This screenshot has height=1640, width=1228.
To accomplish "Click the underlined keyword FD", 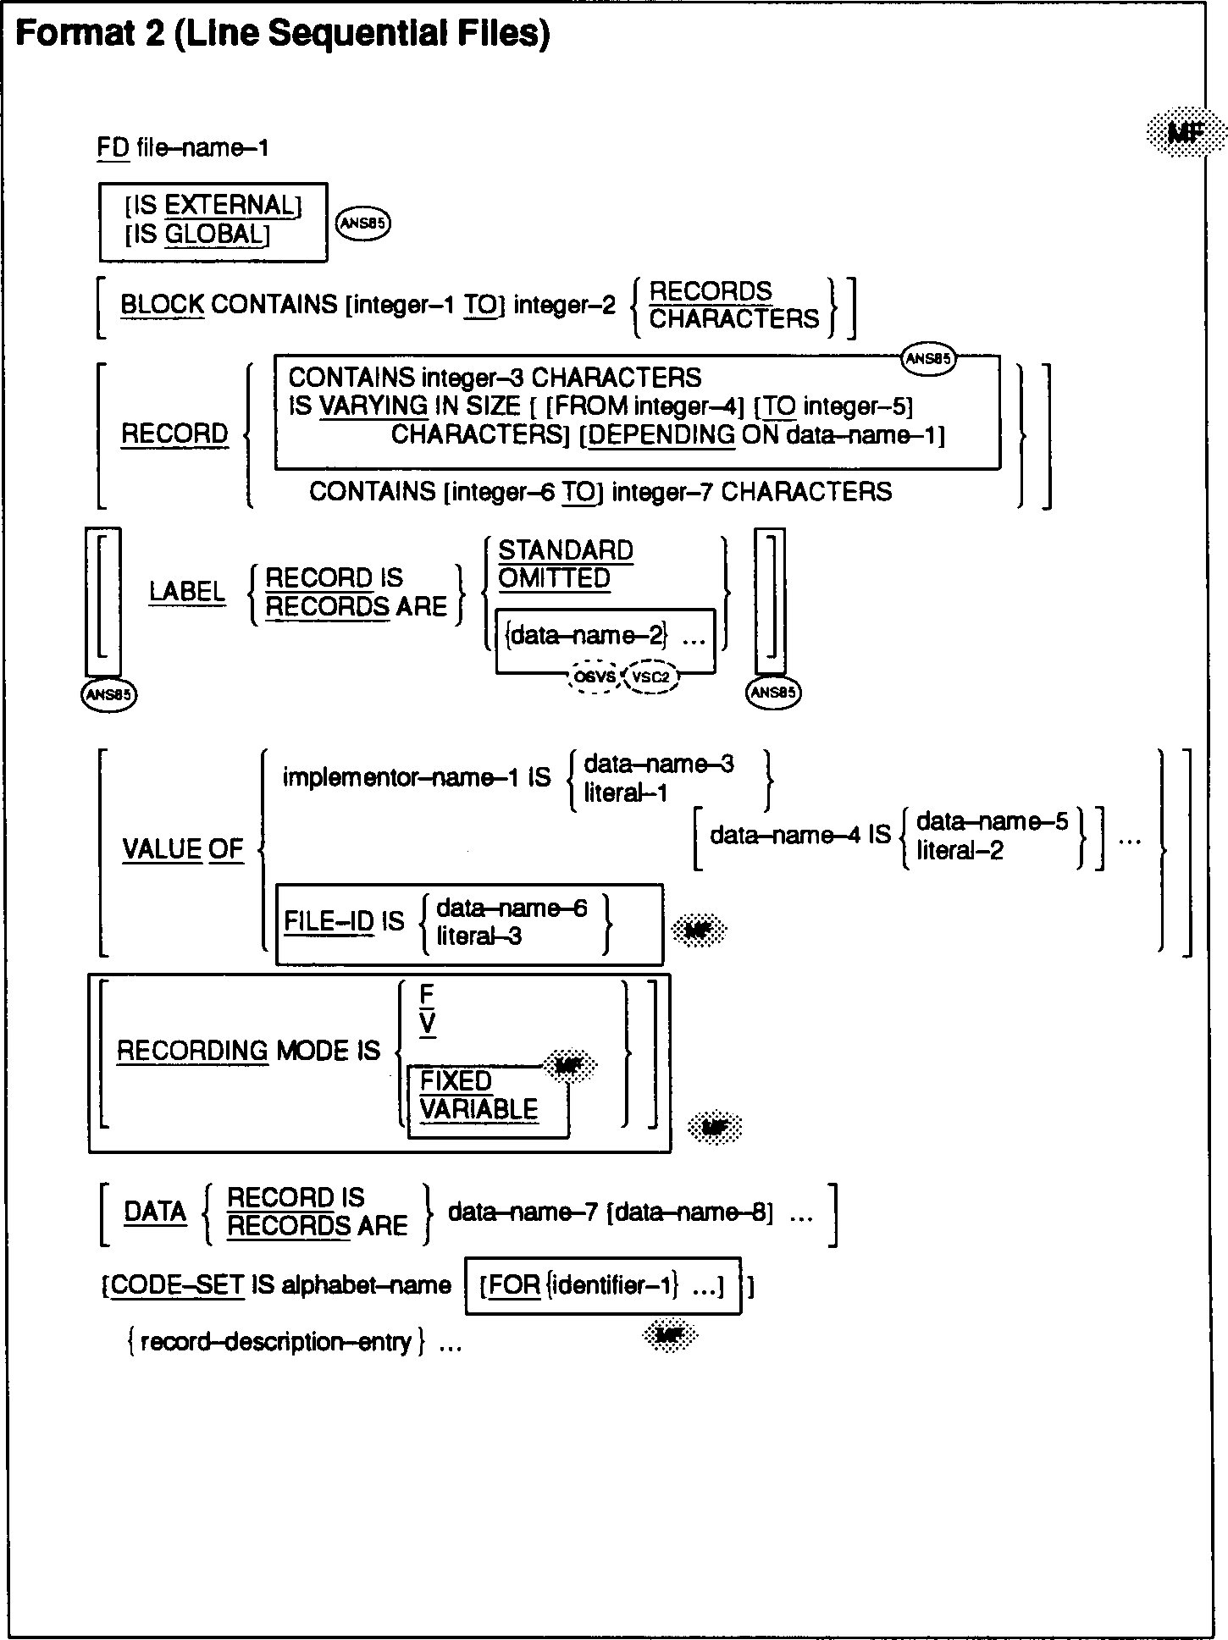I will pos(113,148).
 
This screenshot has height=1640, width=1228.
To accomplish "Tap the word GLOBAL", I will pos(215,234).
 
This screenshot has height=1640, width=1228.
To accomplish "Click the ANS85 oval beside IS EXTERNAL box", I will pos(363,224).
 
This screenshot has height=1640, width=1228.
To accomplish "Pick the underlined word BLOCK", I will pos(162,305).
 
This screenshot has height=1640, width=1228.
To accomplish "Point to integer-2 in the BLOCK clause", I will pos(565,305).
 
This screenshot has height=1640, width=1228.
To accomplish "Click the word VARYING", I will pos(373,406).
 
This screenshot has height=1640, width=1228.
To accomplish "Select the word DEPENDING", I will pos(661,435).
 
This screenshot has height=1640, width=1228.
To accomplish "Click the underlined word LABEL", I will pos(187,592).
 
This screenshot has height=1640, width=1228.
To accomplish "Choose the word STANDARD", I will pos(566,551).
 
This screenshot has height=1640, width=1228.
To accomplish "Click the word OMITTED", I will pos(554,579).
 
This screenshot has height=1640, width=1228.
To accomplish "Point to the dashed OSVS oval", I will pos(595,677).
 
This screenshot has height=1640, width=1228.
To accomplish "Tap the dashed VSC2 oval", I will pos(650,677).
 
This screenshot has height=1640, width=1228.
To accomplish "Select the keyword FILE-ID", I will pos(329,922).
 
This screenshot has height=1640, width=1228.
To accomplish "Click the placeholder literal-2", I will pos(960,850).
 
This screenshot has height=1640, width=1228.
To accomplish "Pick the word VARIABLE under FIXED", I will pos(478,1110).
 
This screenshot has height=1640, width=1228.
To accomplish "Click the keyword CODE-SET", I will pos(178,1285).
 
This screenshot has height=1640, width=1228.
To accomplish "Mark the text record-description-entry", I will pos(275,1342).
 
